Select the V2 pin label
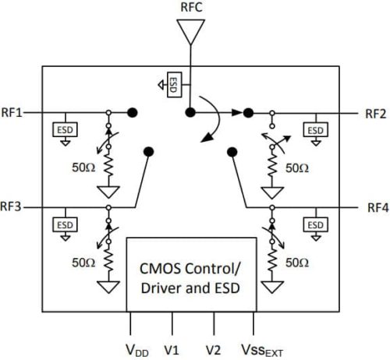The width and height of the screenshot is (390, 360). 213,345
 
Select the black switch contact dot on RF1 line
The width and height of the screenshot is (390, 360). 133,113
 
